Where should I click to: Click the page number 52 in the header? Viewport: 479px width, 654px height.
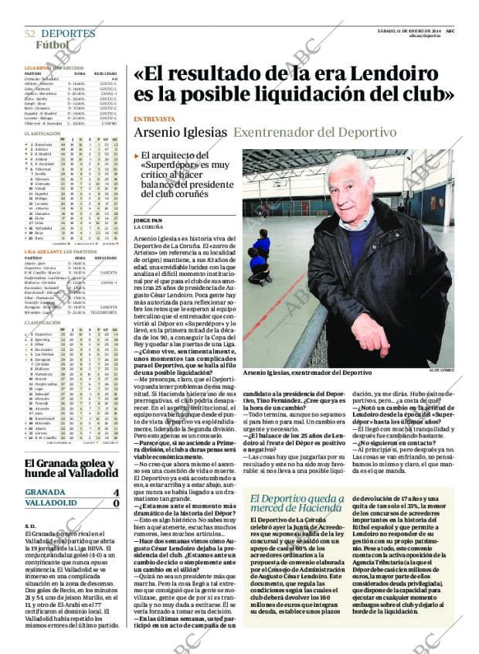pyautogui.click(x=29, y=34)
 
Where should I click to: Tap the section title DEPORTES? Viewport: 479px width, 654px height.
pyautogui.click(x=68, y=34)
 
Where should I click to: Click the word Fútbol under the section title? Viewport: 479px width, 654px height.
pyautogui.click(x=52, y=45)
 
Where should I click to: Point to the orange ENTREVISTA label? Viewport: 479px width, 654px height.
pyautogui.click(x=154, y=119)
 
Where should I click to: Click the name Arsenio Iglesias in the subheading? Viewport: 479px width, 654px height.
pyautogui.click(x=180, y=132)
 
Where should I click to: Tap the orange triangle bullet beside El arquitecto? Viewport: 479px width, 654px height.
pyautogui.click(x=137, y=155)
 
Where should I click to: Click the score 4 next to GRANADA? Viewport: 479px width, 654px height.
pyautogui.click(x=116, y=492)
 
